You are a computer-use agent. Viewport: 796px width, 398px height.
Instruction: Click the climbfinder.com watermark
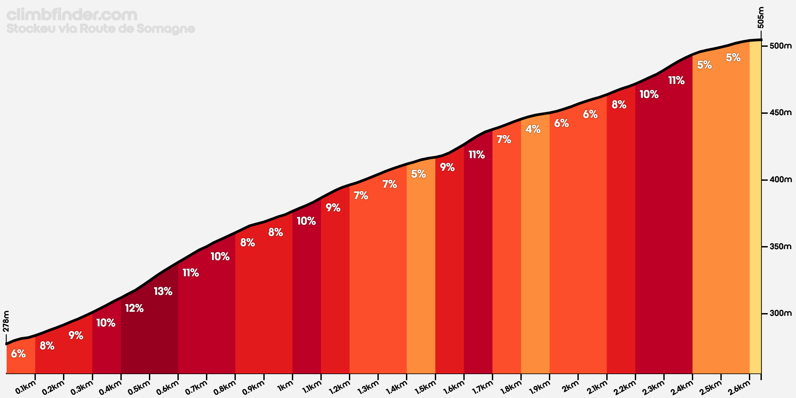click(x=72, y=15)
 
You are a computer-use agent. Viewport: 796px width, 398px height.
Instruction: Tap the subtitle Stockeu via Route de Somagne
click(x=101, y=29)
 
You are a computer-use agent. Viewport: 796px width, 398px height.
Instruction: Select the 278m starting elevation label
click(x=6, y=321)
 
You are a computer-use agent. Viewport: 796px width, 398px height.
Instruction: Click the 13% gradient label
click(x=163, y=291)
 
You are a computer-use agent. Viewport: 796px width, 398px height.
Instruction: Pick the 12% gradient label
click(x=134, y=308)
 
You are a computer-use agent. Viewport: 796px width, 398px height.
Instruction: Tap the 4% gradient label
click(x=533, y=129)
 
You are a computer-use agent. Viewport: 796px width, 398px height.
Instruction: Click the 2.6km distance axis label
click(x=739, y=387)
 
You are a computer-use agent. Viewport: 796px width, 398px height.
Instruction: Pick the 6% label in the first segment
click(x=18, y=354)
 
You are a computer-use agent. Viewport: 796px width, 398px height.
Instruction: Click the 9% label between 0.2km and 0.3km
click(x=76, y=335)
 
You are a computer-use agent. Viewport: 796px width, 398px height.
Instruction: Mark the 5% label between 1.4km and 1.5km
click(x=418, y=174)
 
